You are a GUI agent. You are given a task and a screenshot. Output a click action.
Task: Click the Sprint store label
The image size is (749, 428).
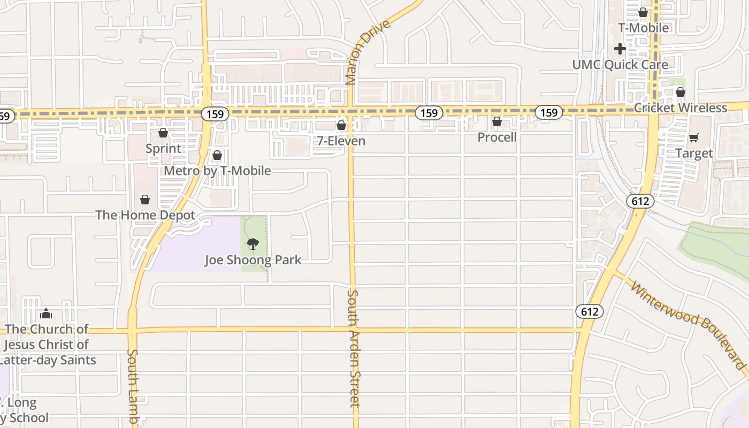pos(163,148)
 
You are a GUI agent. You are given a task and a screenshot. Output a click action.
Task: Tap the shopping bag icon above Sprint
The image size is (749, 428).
pos(163,133)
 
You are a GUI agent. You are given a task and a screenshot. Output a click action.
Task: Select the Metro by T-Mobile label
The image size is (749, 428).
pos(217,171)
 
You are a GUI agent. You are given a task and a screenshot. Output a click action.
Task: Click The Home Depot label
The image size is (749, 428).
pos(145,215)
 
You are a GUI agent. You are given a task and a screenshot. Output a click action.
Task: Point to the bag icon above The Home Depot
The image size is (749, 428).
pos(144,200)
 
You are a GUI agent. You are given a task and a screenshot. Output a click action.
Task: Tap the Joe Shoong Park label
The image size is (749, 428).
pos(253,260)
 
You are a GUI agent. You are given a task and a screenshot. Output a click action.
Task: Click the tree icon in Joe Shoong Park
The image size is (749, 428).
pos(253,244)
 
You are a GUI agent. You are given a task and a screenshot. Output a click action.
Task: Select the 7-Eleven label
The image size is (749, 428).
pos(341,141)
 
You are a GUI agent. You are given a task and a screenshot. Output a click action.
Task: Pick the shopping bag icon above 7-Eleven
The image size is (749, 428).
pos(341,125)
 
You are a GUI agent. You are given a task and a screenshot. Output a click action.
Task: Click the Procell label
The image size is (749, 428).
pos(497,137)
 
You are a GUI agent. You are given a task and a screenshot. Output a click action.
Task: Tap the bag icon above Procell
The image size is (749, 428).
pos(497,122)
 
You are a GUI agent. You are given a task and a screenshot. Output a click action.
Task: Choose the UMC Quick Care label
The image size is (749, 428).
pos(620,65)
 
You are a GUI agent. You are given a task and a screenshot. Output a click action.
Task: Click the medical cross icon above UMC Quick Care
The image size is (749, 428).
pos(620,49)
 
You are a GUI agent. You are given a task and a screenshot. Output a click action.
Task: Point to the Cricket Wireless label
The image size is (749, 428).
pos(680,108)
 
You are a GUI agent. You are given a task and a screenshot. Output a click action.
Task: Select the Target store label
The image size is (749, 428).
pos(694,154)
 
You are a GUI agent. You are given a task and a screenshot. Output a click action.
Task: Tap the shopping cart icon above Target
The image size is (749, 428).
pos(694,138)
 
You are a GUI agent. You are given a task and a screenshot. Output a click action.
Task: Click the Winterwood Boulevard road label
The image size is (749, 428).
pos(689,325)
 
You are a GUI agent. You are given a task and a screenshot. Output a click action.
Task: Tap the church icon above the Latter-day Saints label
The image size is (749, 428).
pos(46,313)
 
